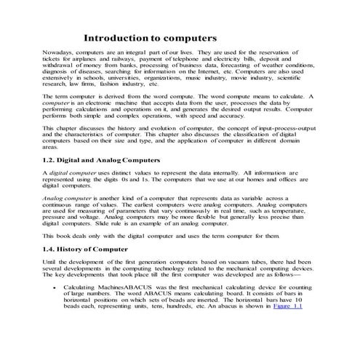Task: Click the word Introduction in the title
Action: pos(116,37)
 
